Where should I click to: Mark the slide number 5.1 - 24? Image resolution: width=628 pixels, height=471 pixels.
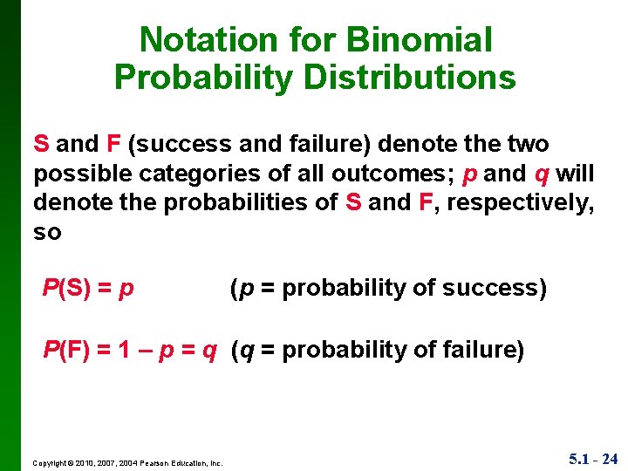593,459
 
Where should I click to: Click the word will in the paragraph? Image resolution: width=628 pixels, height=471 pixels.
575,174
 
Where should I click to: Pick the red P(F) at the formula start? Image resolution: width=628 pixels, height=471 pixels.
66,351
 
